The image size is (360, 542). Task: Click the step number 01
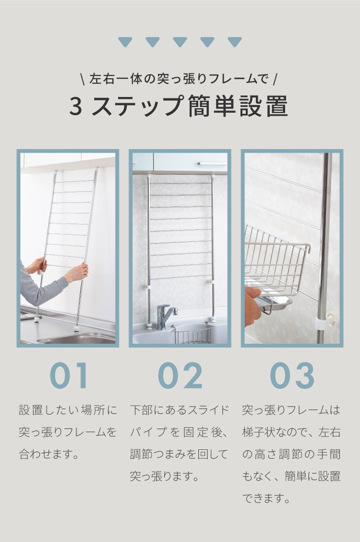[x=69, y=375]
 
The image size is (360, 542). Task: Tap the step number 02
[x=180, y=375]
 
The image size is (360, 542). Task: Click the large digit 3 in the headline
[x=76, y=107]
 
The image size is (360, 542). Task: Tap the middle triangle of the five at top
[x=180, y=42]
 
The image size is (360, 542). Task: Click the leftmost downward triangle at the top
[x=125, y=42]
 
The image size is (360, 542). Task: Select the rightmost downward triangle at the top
[x=235, y=42]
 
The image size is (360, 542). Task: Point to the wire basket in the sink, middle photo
[x=192, y=334]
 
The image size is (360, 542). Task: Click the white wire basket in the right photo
[x=276, y=262]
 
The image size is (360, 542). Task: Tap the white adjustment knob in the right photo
[x=330, y=317]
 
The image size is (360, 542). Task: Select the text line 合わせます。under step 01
[x=49, y=454]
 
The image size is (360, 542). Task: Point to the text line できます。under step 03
[x=266, y=498]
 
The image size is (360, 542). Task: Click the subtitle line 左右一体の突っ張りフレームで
[x=180, y=78]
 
